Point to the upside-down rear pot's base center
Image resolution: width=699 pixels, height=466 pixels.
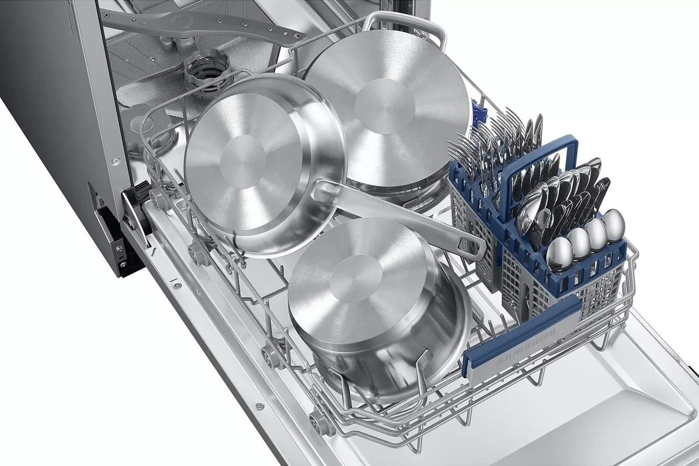tap(385, 105)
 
